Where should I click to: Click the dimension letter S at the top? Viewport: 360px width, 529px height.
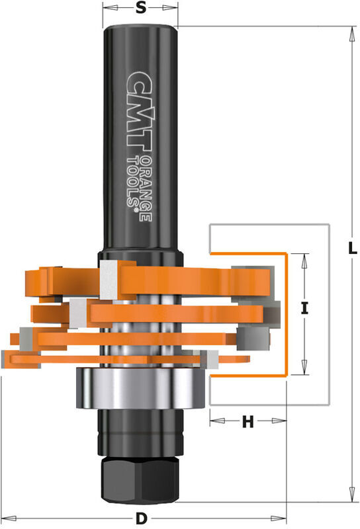pyautogui.click(x=140, y=9)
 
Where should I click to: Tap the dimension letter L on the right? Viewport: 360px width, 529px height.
pyautogui.click(x=353, y=249)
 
